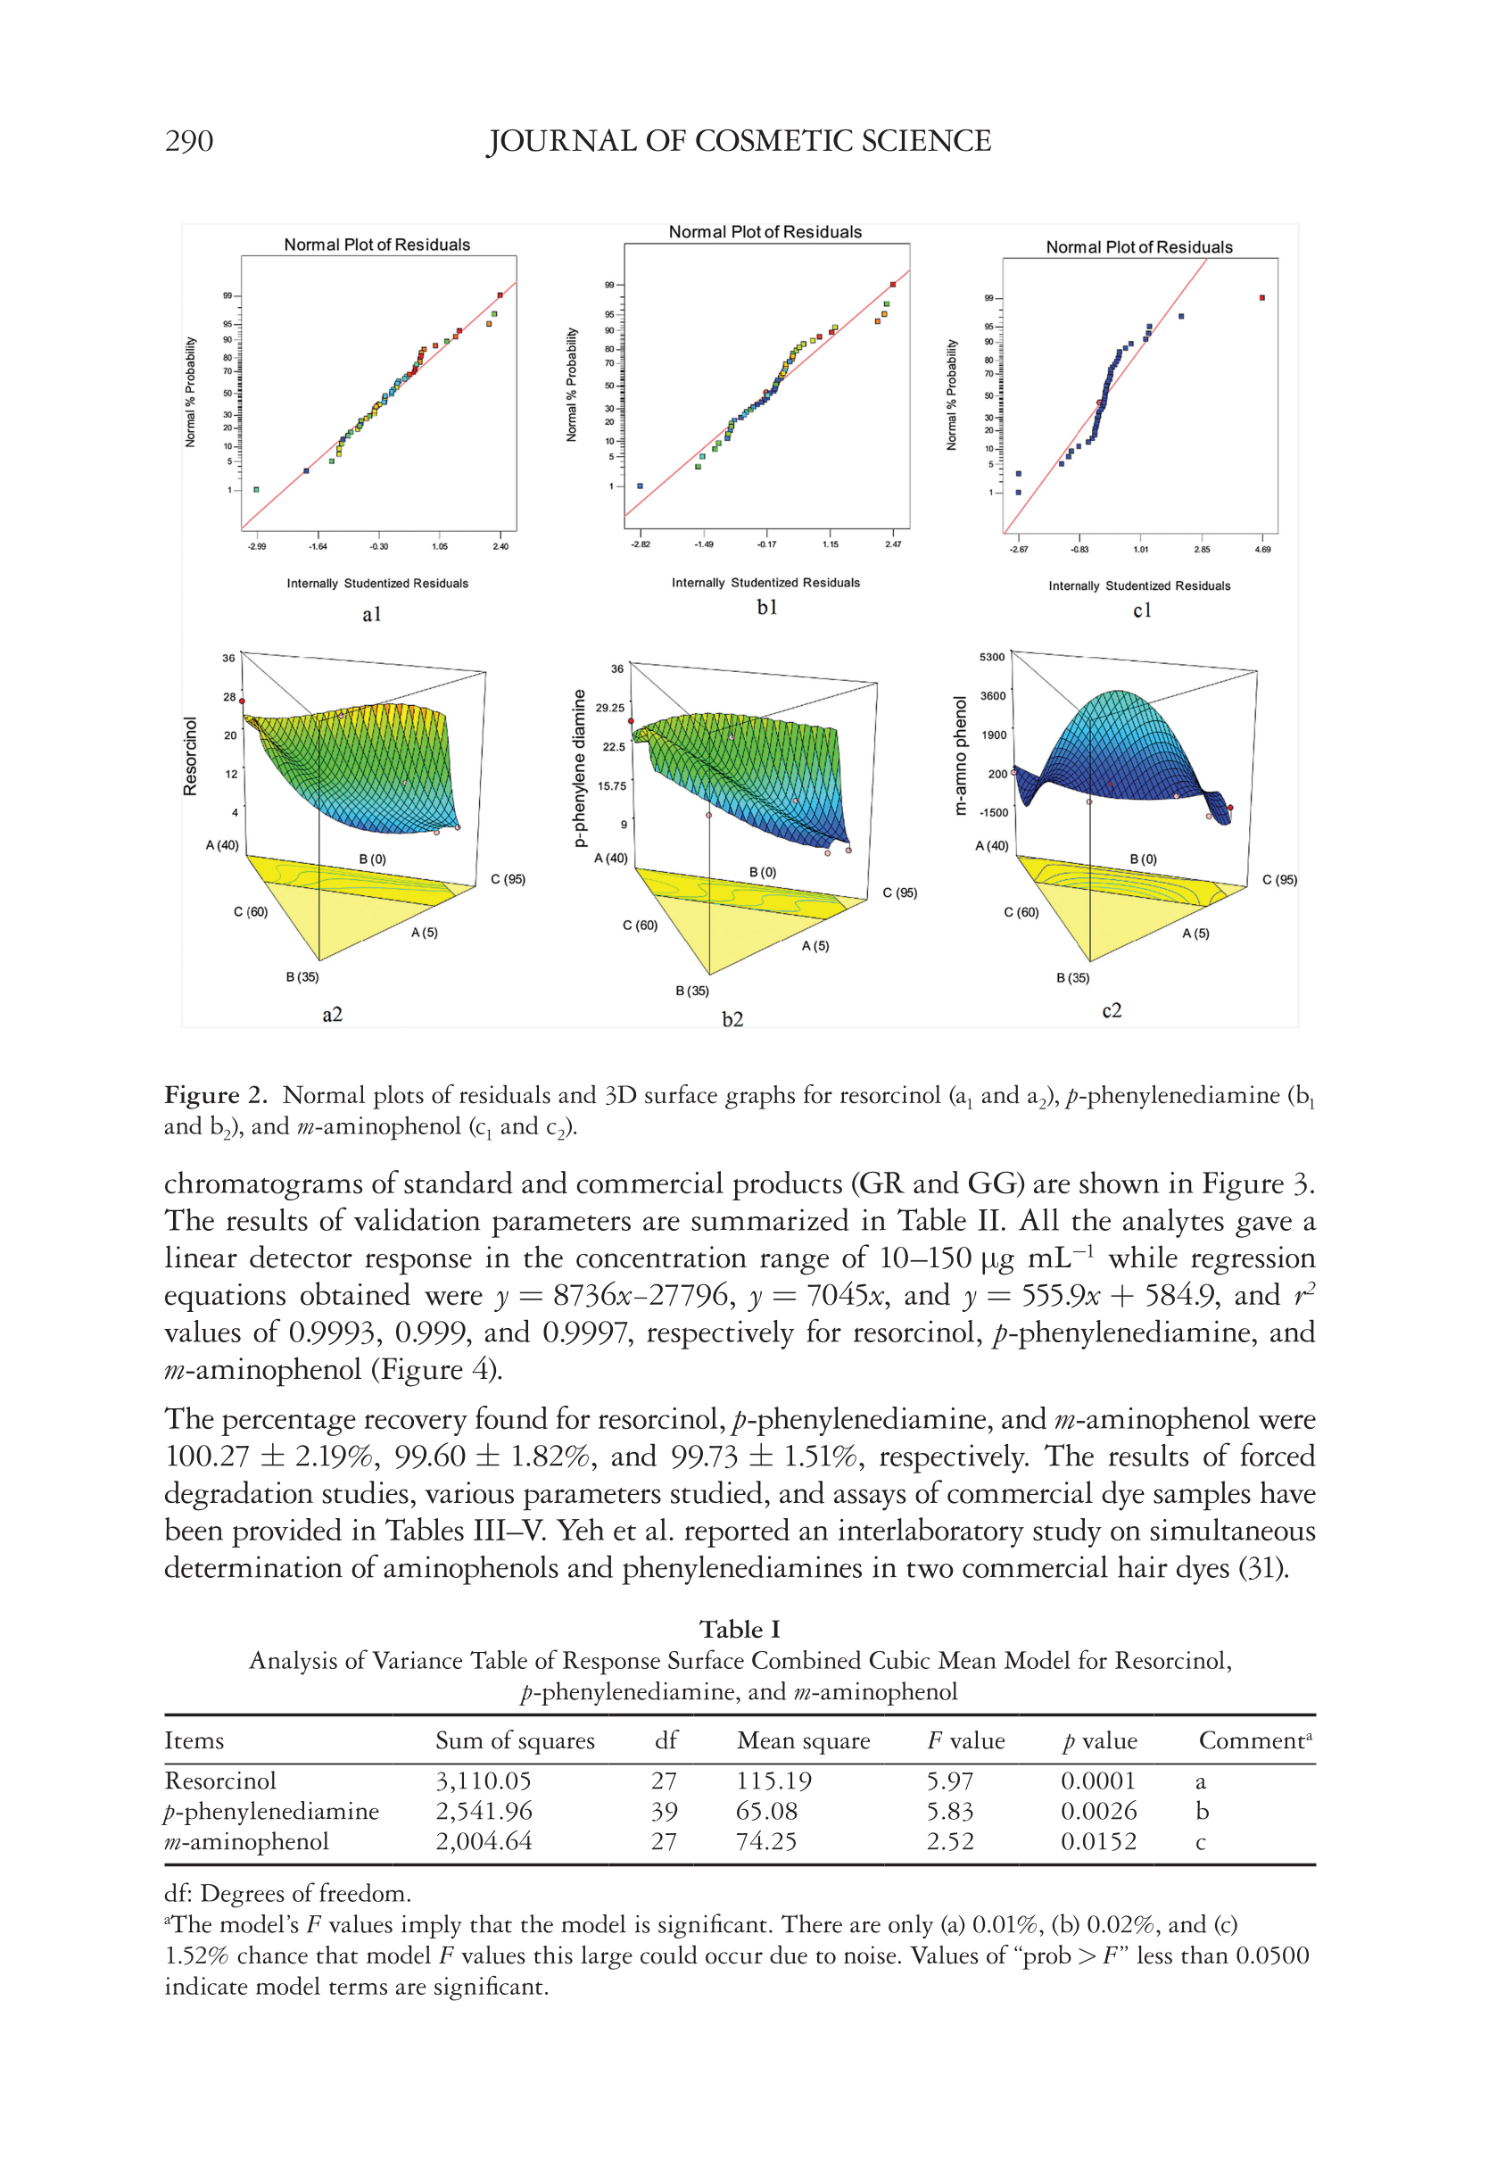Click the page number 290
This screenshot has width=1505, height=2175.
[x=188, y=142]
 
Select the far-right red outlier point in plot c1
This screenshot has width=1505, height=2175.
[x=1261, y=298]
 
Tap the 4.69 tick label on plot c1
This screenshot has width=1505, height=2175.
[x=1261, y=549]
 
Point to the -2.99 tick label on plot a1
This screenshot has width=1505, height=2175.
[x=257, y=546]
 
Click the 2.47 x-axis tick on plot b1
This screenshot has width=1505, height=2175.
[x=892, y=544]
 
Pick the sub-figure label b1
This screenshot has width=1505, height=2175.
[x=766, y=608]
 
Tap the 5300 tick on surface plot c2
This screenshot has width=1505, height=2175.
[x=992, y=658]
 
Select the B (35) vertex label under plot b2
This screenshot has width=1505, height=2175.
[x=691, y=991]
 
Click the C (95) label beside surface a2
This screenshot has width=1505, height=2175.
[x=508, y=879]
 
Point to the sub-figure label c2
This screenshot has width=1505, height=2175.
[x=1112, y=1011]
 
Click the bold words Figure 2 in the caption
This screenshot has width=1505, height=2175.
[x=215, y=1095]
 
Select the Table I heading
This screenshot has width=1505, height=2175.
[x=740, y=1629]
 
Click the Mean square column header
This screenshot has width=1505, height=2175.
[x=803, y=1741]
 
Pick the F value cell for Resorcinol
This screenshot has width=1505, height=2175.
[x=948, y=1781]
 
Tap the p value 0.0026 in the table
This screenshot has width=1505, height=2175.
[x=1097, y=1811]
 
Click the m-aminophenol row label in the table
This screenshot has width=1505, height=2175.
[x=246, y=1841]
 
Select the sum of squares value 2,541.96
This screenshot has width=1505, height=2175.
[x=484, y=1811]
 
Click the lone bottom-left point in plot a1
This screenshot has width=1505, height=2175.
[x=257, y=489]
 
